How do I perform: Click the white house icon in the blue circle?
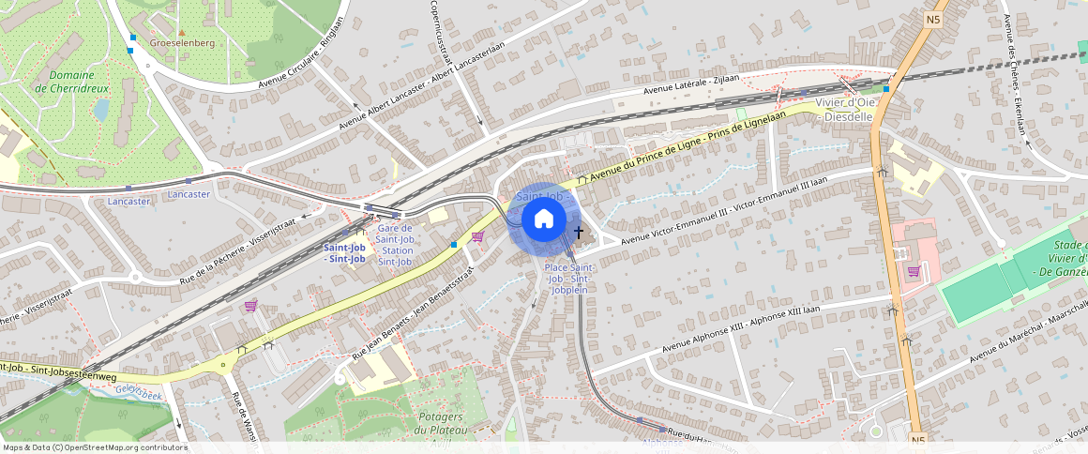[543, 219]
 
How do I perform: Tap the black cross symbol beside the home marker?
[579, 232]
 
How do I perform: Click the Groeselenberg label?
[183, 43]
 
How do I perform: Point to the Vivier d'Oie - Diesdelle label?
[845, 109]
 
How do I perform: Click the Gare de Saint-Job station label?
[394, 245]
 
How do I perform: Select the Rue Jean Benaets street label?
[413, 310]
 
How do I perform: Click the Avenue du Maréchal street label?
[1027, 329]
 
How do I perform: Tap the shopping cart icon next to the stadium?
[914, 272]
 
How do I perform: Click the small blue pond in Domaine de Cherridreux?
[101, 111]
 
